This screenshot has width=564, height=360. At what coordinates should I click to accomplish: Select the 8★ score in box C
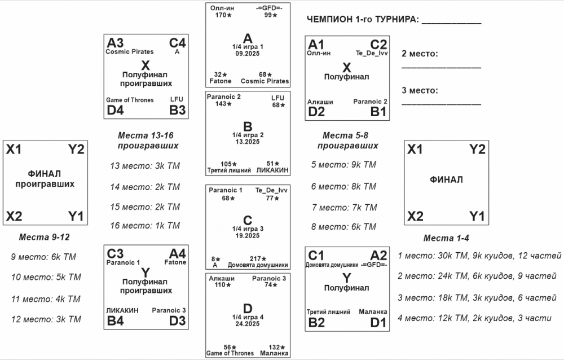215,258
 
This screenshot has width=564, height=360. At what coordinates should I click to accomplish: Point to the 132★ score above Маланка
276,347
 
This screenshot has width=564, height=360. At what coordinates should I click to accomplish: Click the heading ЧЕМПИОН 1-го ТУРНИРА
363,20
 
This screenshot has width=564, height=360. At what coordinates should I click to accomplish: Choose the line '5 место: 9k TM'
343,165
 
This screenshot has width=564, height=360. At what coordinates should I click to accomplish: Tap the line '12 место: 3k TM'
46,319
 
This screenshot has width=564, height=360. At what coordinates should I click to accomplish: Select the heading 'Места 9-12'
45,237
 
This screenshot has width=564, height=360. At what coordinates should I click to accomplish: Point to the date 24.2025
248,324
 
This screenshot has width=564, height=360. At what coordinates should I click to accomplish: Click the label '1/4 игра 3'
248,229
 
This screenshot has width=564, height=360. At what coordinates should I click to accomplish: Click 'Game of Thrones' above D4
130,100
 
